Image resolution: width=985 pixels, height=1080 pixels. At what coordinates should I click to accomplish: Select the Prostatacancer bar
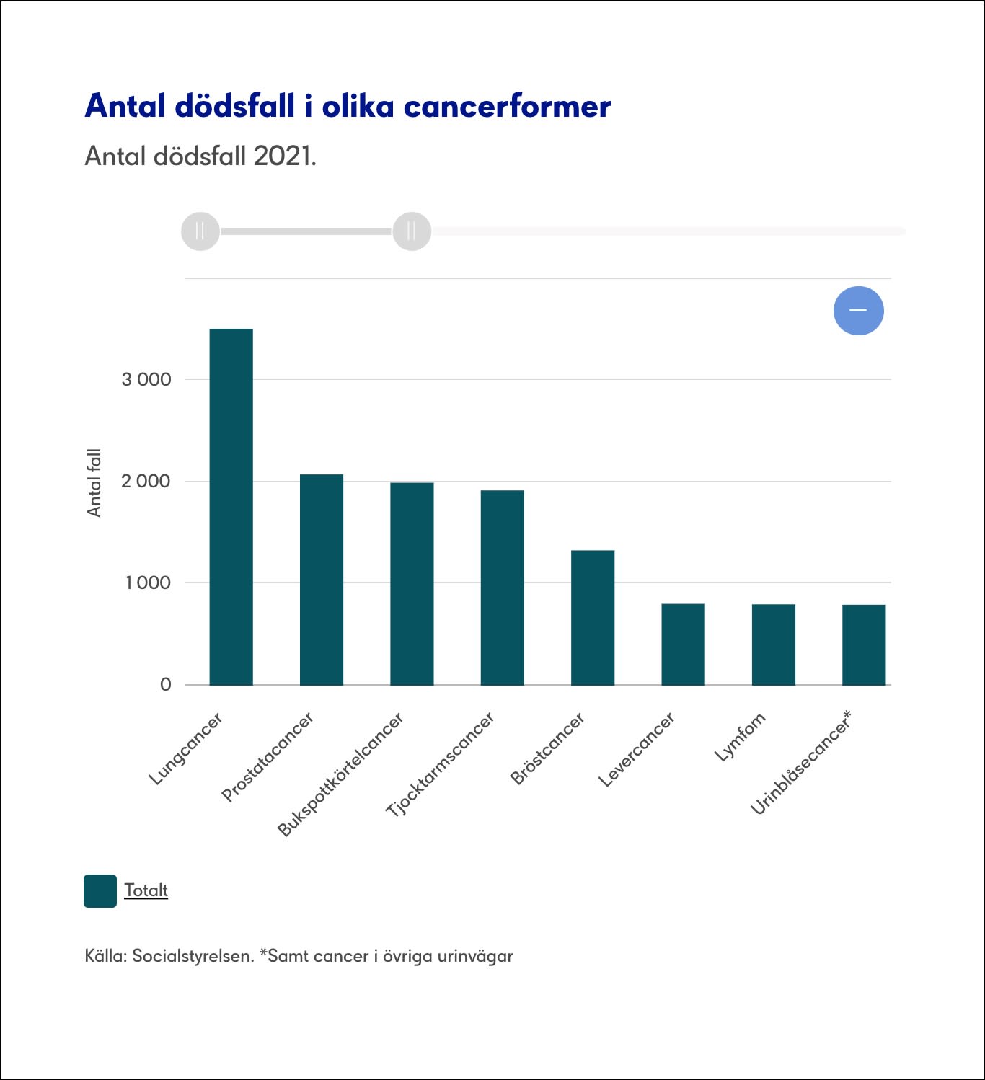(x=322, y=580)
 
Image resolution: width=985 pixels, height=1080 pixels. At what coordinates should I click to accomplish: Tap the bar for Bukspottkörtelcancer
(x=412, y=583)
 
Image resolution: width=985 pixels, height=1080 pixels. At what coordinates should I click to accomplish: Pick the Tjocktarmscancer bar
(x=503, y=588)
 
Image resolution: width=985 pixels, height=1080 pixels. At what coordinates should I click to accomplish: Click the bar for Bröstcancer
(x=593, y=618)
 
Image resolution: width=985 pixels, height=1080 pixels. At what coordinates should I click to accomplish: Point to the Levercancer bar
(x=683, y=645)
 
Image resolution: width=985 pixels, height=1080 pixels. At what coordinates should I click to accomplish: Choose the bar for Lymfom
(x=774, y=645)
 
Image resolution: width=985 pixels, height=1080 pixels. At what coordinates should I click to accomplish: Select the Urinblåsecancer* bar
(x=864, y=645)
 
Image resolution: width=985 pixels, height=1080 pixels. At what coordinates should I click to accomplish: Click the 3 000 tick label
(x=146, y=380)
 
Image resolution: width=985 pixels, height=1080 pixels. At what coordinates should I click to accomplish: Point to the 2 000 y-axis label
(x=146, y=482)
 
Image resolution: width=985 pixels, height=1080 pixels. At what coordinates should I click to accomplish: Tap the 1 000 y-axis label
(x=148, y=583)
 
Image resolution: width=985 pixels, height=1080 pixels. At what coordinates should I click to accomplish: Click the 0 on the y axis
(x=166, y=685)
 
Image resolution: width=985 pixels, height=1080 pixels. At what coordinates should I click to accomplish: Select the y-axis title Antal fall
(x=94, y=482)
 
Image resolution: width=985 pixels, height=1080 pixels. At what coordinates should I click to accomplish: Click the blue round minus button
(x=858, y=311)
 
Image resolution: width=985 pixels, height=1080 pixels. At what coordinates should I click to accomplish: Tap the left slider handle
(x=200, y=231)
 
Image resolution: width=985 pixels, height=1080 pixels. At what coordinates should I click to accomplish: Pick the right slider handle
(x=412, y=231)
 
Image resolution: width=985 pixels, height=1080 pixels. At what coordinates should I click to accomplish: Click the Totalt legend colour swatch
(x=100, y=891)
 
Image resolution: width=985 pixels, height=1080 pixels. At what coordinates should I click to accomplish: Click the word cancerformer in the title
(x=507, y=106)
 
